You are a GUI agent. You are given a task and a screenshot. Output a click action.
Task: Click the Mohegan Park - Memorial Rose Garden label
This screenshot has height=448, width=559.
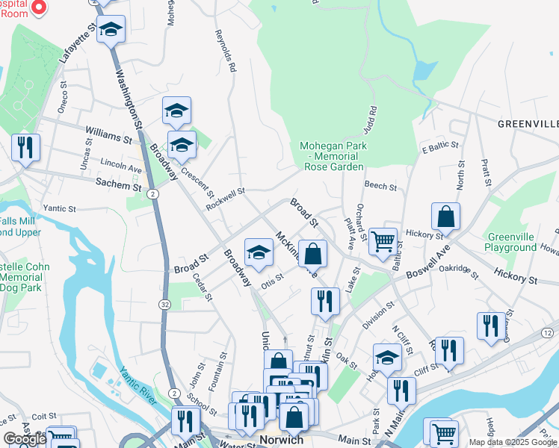pyautogui.click(x=332, y=156)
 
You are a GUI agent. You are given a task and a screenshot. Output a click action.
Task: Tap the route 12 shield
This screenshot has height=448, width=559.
pyautogui.click(x=547, y=332)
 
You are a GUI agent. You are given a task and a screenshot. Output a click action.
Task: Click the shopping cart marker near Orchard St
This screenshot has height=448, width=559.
pyautogui.click(x=383, y=241)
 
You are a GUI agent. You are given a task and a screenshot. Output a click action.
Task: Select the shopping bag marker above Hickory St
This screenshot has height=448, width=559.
pyautogui.click(x=445, y=217)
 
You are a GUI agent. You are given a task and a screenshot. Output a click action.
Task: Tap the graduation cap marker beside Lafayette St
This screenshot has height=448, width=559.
pyautogui.click(x=111, y=29)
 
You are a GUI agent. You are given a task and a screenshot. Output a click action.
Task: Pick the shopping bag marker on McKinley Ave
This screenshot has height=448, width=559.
pyautogui.click(x=312, y=253)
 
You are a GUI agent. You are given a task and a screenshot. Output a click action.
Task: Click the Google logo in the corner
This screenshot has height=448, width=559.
pyautogui.click(x=25, y=439)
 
